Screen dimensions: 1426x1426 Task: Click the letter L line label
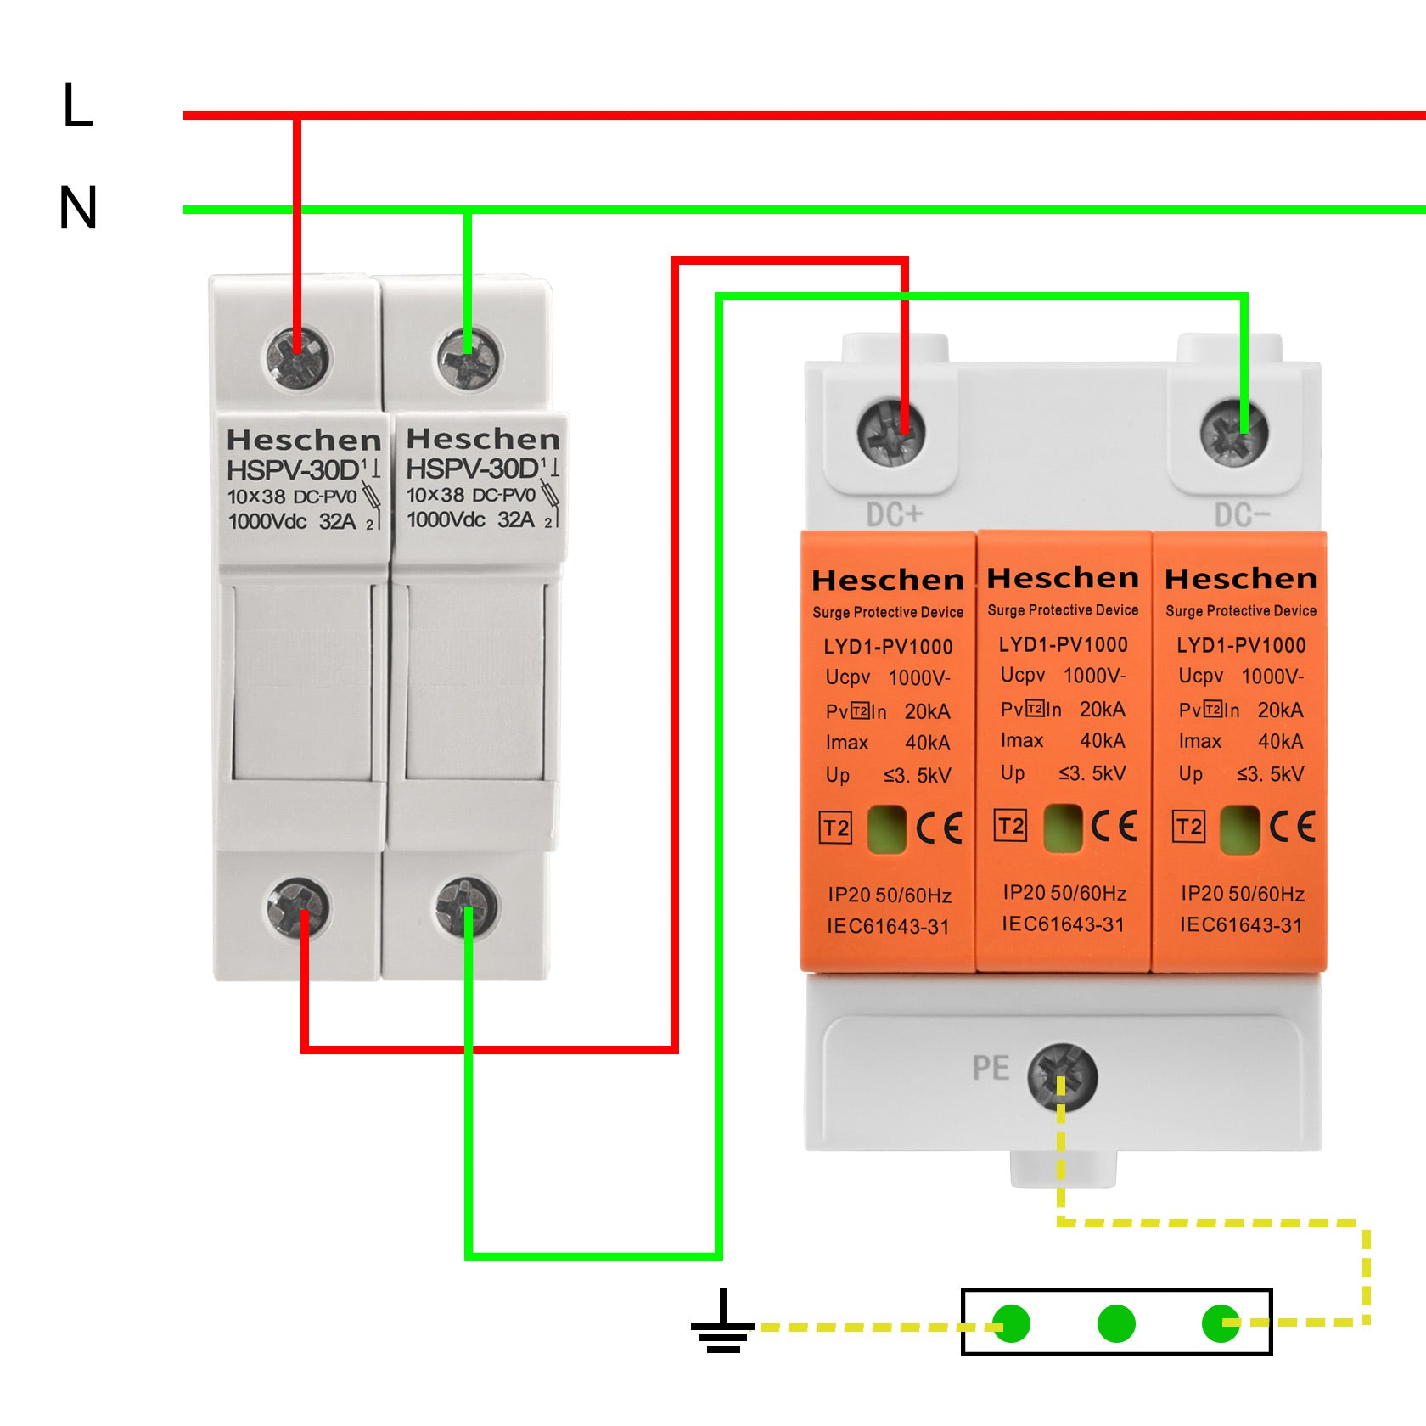click(x=77, y=106)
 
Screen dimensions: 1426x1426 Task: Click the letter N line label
click(x=78, y=209)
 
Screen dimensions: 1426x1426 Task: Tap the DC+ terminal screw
click(x=891, y=432)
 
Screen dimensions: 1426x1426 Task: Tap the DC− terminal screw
click(x=1234, y=432)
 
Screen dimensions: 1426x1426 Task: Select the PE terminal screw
click(x=1062, y=1076)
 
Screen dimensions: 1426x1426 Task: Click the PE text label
click(x=991, y=1068)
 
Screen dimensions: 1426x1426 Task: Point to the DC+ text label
click(x=894, y=514)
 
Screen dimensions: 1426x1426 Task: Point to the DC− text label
click(x=1242, y=514)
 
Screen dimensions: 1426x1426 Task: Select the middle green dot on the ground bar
click(x=1116, y=1323)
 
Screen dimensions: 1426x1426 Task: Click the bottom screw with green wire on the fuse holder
click(x=466, y=907)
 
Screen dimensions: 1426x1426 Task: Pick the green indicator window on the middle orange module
click(x=1062, y=827)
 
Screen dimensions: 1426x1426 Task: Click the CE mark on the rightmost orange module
click(x=1292, y=827)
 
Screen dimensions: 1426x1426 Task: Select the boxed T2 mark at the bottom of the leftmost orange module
click(x=836, y=828)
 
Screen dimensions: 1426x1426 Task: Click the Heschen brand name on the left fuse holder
click(x=304, y=441)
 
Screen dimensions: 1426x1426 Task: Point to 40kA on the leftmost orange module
click(x=928, y=743)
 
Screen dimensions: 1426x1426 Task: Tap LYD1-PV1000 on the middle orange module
click(x=1063, y=644)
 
